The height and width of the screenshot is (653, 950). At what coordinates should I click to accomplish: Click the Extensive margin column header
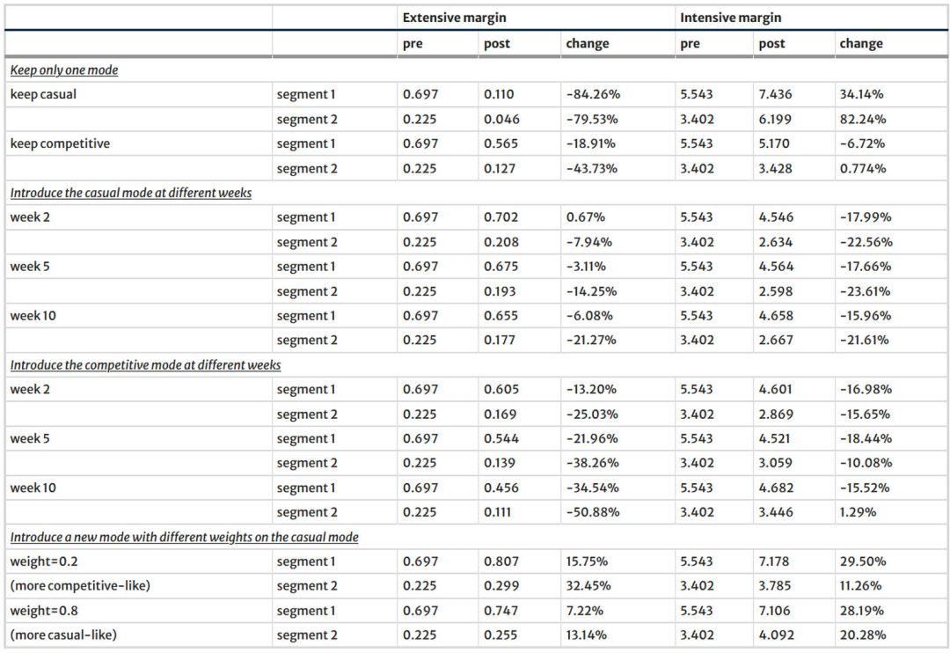454,18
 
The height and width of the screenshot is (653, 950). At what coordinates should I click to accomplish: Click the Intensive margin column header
730,18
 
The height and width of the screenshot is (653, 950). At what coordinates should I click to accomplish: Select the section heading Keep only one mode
64,70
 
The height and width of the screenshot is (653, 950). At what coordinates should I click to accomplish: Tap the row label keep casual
43,94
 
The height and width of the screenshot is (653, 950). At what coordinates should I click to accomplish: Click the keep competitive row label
60,143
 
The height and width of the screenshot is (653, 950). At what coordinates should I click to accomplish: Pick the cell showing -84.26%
593,94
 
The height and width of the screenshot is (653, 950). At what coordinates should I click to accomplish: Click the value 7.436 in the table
775,94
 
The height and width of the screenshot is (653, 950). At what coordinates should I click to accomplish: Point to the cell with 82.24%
862,119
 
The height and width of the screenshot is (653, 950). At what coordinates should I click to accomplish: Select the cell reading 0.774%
862,169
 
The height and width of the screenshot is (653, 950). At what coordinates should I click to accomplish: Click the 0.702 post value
501,217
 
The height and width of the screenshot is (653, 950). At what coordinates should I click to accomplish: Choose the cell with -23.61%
865,291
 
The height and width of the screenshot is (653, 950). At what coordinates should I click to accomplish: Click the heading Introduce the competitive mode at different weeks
145,365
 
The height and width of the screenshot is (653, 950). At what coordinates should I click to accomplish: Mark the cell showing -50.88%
593,511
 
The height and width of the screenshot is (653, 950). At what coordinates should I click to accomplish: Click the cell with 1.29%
858,511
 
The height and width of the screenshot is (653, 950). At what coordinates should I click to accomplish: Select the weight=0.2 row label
44,561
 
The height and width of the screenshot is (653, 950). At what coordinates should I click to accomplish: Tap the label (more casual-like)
63,635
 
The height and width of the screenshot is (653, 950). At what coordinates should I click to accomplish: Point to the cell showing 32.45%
588,586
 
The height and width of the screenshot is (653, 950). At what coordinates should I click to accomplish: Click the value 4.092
776,635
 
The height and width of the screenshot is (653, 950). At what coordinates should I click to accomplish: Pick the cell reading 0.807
501,561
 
